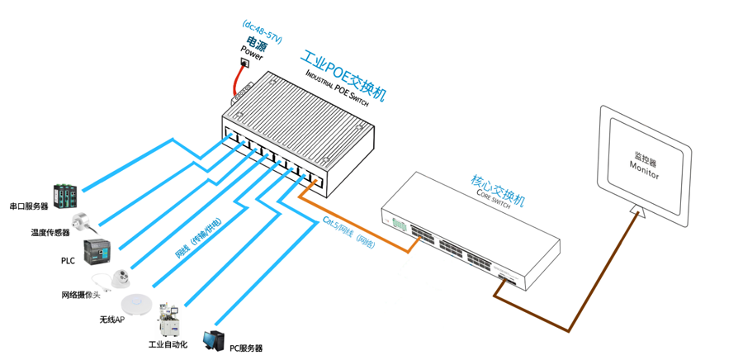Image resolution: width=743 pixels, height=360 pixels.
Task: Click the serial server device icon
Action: [x=65, y=195]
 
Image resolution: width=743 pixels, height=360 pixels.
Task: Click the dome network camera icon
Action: [x=121, y=277]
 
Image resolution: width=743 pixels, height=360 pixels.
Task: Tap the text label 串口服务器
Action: [x=29, y=206]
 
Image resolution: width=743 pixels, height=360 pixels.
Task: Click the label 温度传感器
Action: [x=50, y=233]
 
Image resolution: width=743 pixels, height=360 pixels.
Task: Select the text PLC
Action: [x=68, y=261]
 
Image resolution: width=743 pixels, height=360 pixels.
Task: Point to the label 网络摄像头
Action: [x=80, y=295]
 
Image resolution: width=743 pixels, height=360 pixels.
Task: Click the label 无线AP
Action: [x=111, y=320]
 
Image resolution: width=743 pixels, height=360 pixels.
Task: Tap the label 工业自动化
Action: [x=168, y=344]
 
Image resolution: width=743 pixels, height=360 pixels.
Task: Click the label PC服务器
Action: [x=245, y=348]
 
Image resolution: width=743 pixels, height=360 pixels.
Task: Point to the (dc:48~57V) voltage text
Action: [x=263, y=32]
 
